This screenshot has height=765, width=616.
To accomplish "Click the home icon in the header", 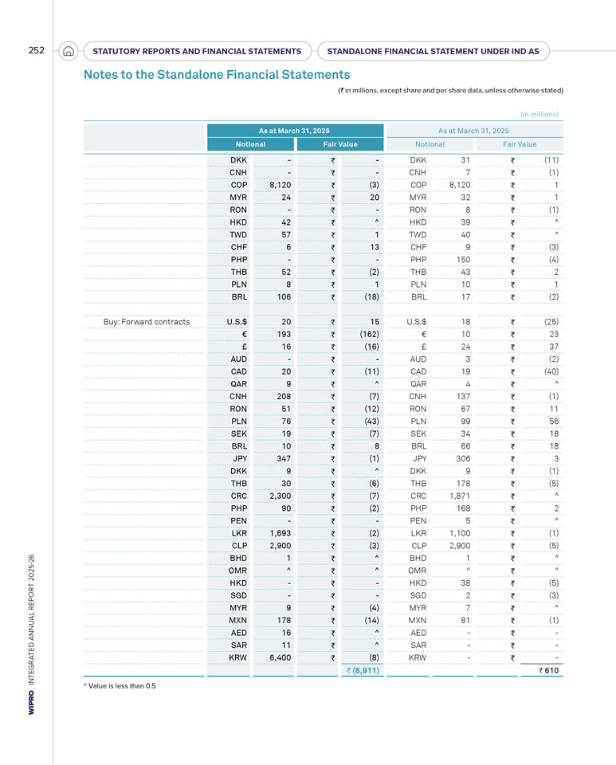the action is (x=69, y=51).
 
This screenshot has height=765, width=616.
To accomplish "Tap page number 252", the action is (x=36, y=50).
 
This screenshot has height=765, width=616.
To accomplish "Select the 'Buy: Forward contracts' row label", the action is (x=147, y=322).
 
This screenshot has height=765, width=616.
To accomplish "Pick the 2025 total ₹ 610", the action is (x=549, y=670).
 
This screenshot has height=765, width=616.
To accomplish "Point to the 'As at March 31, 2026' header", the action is (x=294, y=131).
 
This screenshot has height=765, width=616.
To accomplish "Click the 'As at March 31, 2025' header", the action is (x=473, y=131).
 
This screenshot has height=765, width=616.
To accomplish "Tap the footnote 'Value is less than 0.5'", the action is (x=120, y=685).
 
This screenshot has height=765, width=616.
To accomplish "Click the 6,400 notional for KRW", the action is (x=281, y=657).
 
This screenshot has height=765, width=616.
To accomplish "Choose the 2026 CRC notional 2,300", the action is (x=281, y=496).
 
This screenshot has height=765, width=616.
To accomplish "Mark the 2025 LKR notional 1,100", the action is (x=460, y=533).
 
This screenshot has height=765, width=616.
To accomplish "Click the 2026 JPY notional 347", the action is (x=284, y=459).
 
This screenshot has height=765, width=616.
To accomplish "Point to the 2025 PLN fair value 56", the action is (x=554, y=422).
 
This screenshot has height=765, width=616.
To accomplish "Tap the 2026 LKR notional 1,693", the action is (x=281, y=533).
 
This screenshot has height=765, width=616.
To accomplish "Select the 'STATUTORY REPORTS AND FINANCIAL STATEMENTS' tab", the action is (x=197, y=51).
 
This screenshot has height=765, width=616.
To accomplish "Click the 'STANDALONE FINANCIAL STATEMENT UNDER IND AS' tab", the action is (x=433, y=51).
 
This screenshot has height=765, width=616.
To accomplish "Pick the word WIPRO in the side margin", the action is (x=31, y=703).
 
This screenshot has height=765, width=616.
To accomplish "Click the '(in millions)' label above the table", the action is (x=539, y=114).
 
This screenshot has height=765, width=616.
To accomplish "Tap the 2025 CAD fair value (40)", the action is (x=551, y=372).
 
